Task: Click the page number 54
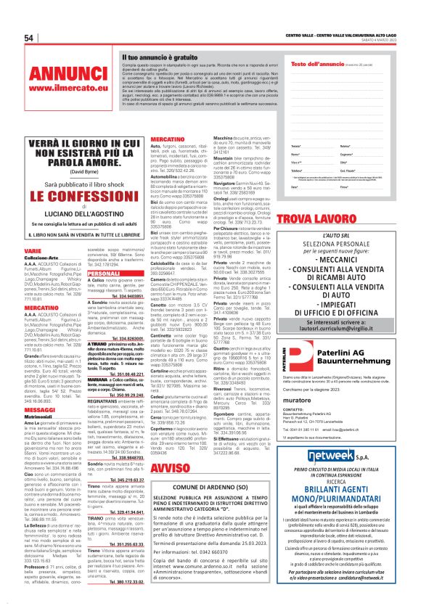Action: coord(29,38)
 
